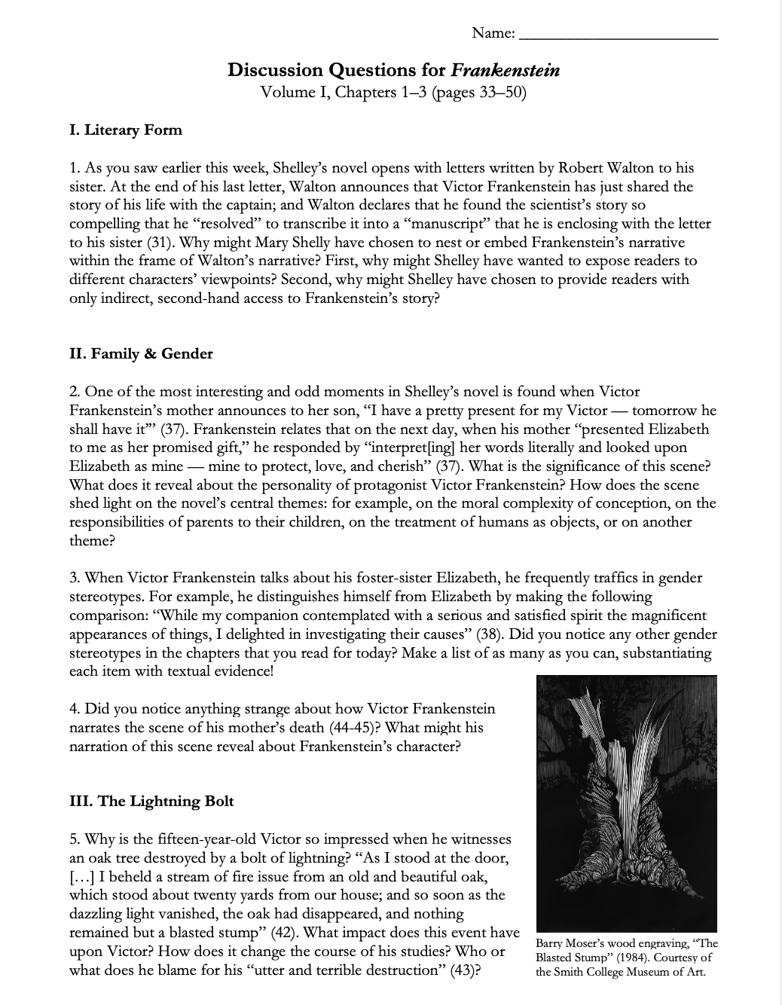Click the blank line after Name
pyautogui.click(x=619, y=35)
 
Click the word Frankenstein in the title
pyautogui.click(x=506, y=71)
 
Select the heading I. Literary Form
pyautogui.click(x=126, y=130)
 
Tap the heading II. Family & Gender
pyautogui.click(x=141, y=353)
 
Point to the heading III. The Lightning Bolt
pyautogui.click(x=151, y=801)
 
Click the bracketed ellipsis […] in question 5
pyautogui.click(x=82, y=876)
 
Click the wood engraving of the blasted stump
pyautogui.click(x=626, y=802)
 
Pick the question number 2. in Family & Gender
pyautogui.click(x=75, y=392)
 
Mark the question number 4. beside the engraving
pyautogui.click(x=75, y=708)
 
